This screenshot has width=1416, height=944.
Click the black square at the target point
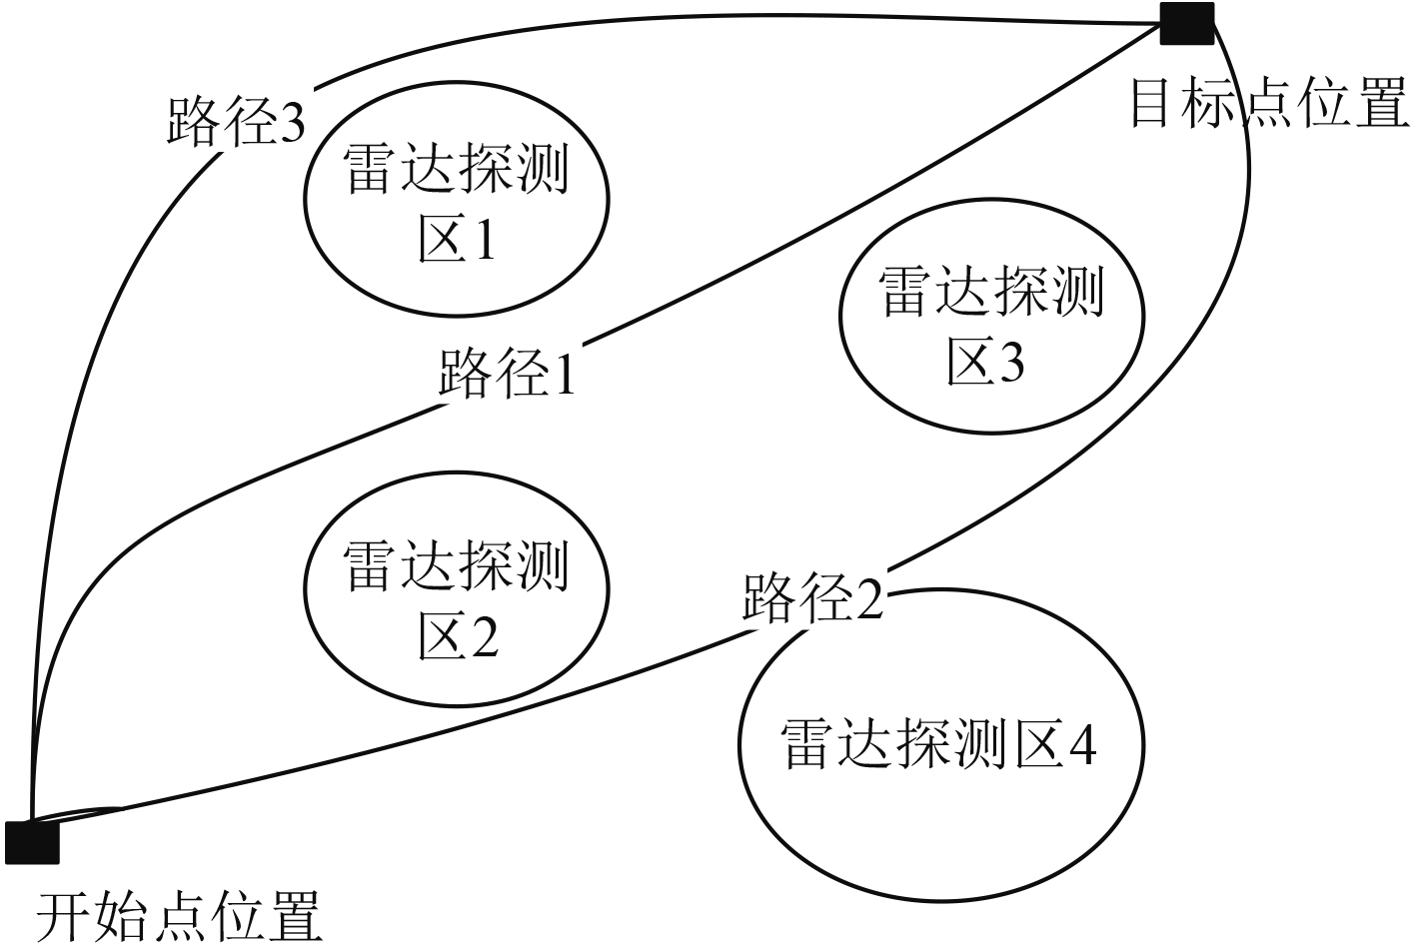click(x=1187, y=23)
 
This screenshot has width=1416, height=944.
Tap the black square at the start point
click(x=32, y=842)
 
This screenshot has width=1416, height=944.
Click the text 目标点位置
click(x=1269, y=103)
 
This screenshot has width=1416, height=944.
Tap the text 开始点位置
click(x=180, y=915)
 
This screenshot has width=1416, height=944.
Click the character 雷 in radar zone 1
click(x=372, y=169)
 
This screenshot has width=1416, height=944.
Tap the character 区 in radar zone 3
click(x=967, y=362)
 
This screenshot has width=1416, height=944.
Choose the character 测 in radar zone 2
click(x=540, y=566)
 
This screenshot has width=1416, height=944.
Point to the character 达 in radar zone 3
click(x=962, y=292)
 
